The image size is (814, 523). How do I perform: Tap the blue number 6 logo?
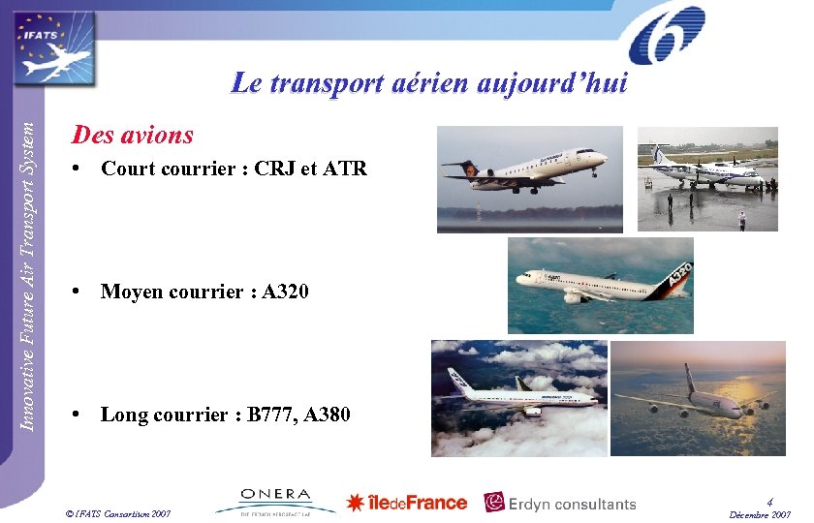(667, 36)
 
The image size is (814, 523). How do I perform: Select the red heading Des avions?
(133, 135)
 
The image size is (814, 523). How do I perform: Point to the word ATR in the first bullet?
(344, 169)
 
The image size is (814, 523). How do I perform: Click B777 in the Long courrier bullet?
(272, 415)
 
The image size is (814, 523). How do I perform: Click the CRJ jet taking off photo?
(529, 180)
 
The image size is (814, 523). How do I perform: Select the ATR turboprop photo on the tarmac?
(706, 179)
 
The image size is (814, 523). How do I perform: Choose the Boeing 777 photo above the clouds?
(520, 397)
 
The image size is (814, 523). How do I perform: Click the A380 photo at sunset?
(684, 397)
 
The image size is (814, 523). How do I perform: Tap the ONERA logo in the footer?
(276, 500)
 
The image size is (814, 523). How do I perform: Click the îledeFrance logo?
(407, 502)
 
